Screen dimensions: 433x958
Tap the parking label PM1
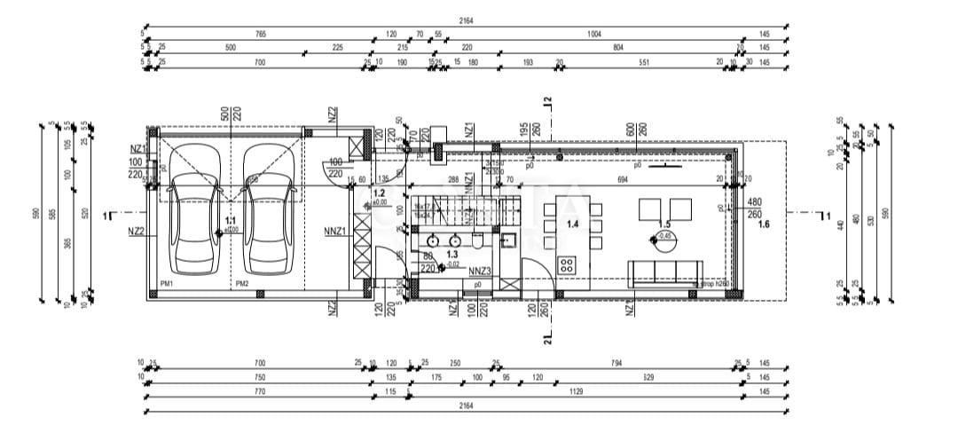(x=166, y=283)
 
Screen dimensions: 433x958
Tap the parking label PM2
(x=241, y=283)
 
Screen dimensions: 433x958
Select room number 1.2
(x=380, y=193)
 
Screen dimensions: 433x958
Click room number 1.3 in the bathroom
(x=428, y=255)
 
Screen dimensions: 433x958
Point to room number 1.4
(x=573, y=224)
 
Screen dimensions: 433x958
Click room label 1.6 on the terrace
(x=764, y=225)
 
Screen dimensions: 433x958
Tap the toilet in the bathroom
(x=476, y=240)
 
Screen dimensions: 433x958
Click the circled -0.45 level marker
(x=664, y=235)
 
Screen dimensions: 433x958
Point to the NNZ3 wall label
(x=478, y=271)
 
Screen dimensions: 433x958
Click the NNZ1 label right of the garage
(x=335, y=232)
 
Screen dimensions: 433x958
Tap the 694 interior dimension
(x=622, y=180)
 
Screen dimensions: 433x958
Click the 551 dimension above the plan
(x=645, y=62)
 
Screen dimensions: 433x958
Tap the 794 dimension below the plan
(x=616, y=363)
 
